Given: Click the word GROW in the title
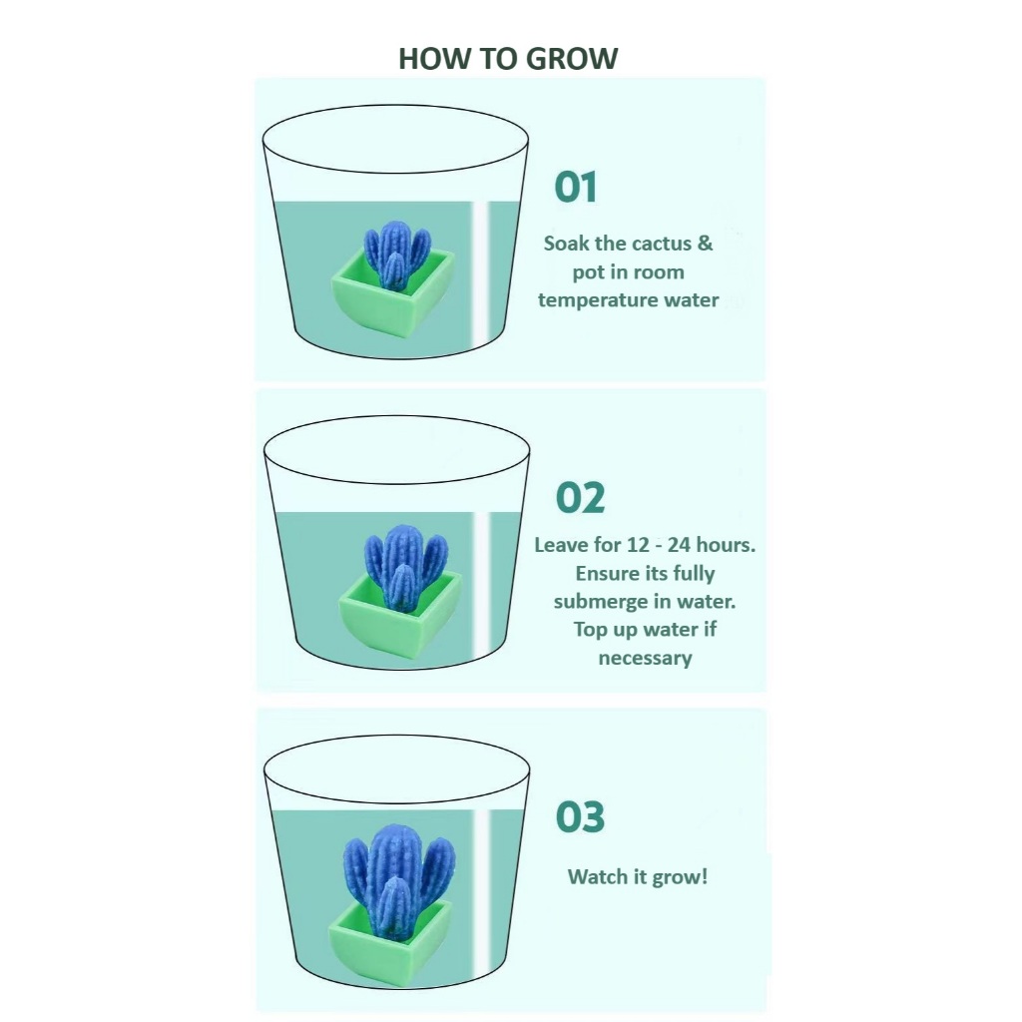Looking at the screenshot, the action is pyautogui.click(x=572, y=59).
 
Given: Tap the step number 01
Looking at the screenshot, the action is pyautogui.click(x=576, y=187).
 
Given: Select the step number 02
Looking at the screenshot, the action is pyautogui.click(x=580, y=498).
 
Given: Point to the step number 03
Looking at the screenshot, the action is pyautogui.click(x=580, y=816).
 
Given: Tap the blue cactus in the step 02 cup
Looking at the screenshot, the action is pyautogui.click(x=405, y=567).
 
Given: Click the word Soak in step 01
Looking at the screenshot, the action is pyautogui.click(x=567, y=244).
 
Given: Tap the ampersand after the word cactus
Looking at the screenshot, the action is pyautogui.click(x=706, y=244).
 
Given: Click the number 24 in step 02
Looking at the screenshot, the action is pyautogui.click(x=679, y=545).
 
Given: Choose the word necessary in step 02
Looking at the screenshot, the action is pyautogui.click(x=646, y=659).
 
